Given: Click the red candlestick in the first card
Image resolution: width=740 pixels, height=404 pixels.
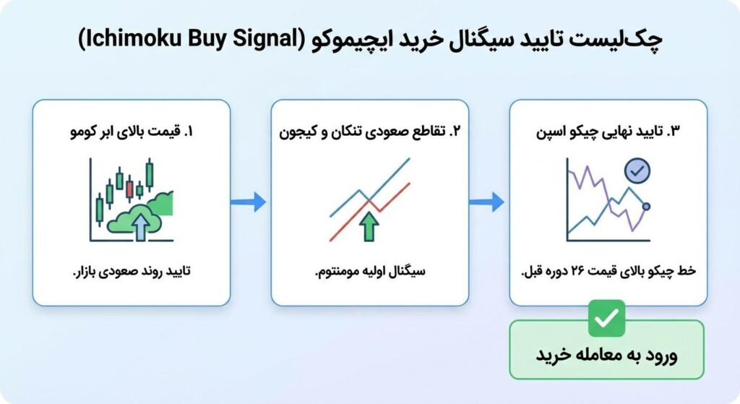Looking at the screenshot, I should [129, 189].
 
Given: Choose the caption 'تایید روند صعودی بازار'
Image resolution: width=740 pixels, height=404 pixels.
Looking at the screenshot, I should [134, 272].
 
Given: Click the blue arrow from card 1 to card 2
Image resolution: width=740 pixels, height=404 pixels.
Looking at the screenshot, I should [249, 202].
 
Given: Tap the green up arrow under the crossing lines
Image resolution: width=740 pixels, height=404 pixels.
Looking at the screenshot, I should [369, 226].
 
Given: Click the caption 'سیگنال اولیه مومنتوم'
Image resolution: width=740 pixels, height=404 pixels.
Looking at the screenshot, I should [369, 272].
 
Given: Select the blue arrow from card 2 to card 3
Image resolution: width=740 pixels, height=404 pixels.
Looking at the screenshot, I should [488, 202].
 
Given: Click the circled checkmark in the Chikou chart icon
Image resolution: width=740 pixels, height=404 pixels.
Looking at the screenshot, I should [637, 171].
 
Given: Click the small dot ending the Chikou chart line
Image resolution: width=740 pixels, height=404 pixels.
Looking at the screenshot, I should [646, 207].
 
